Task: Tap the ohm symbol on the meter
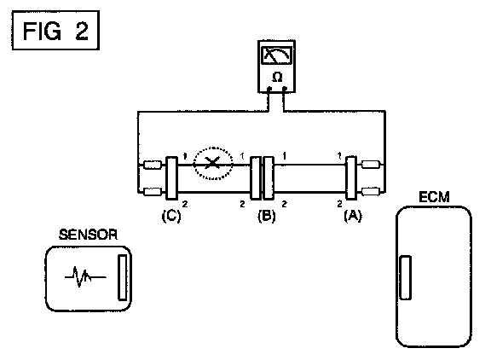click(x=277, y=77)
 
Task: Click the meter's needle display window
click(x=276, y=55)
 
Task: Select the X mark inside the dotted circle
click(x=213, y=163)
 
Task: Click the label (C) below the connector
click(x=171, y=216)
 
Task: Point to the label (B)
click(x=267, y=216)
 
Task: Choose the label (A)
click(x=353, y=216)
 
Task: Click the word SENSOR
click(x=89, y=235)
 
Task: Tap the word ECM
click(x=434, y=197)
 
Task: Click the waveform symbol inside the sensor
click(x=85, y=276)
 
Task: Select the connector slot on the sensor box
click(x=123, y=277)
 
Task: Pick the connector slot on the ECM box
click(x=406, y=277)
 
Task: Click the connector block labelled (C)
click(x=171, y=178)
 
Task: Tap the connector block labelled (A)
click(x=350, y=177)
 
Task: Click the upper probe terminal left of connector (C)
click(x=153, y=165)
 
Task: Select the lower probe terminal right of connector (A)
click(x=371, y=191)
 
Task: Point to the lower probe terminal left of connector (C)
click(x=153, y=191)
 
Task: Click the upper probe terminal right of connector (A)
click(x=371, y=165)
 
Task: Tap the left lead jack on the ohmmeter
click(x=269, y=90)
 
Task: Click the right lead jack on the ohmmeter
click(x=285, y=90)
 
